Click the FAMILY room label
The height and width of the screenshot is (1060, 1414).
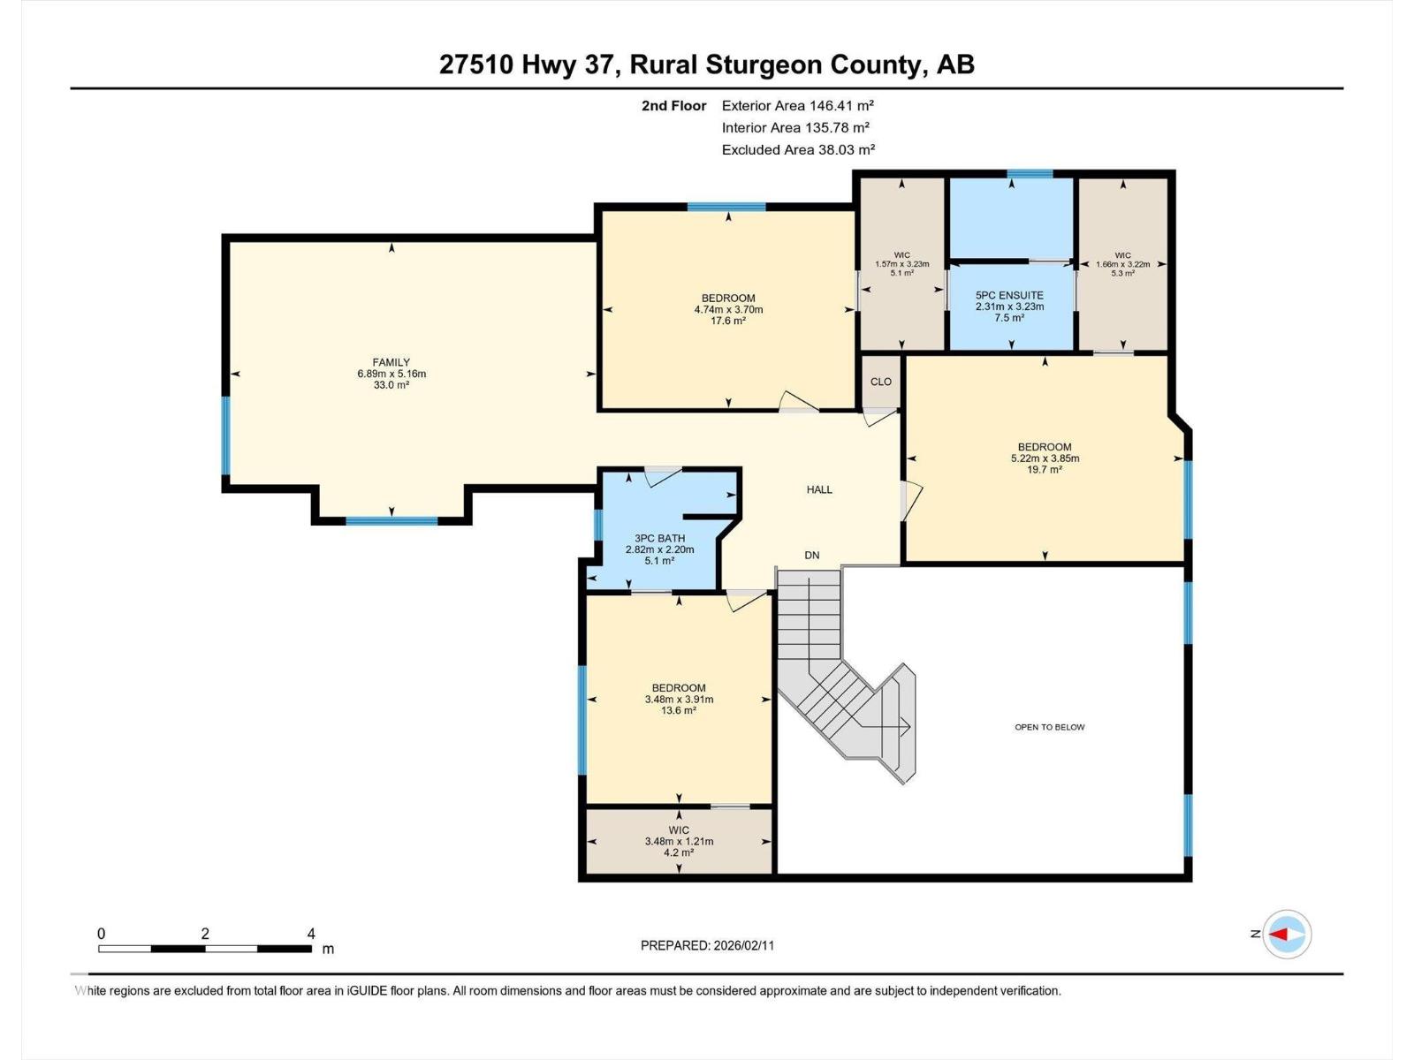pyautogui.click(x=391, y=362)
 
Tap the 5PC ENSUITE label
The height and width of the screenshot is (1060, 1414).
pyautogui.click(x=1009, y=295)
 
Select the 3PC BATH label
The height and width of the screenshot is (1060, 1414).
pyautogui.click(x=659, y=538)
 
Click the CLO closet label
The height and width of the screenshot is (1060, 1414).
pyautogui.click(x=880, y=382)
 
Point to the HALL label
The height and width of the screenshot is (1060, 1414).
pyautogui.click(x=819, y=489)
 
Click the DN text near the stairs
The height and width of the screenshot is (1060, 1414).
pyautogui.click(x=811, y=556)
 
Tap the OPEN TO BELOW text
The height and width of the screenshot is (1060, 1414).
pyautogui.click(x=1049, y=727)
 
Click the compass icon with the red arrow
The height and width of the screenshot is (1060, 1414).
pyautogui.click(x=1286, y=934)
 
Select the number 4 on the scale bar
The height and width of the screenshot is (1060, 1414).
pyautogui.click(x=311, y=934)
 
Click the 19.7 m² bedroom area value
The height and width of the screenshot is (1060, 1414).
pyautogui.click(x=1045, y=470)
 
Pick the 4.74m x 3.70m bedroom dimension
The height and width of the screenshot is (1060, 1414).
pyautogui.click(x=728, y=310)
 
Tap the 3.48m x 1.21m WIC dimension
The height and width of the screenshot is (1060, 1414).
pyautogui.click(x=679, y=842)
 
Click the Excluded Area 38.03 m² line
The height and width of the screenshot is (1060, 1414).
pyautogui.click(x=798, y=150)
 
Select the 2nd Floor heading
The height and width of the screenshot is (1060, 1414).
pyautogui.click(x=673, y=106)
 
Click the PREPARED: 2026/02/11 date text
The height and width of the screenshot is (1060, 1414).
pyautogui.click(x=707, y=945)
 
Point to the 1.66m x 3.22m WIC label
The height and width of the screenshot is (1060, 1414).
pyautogui.click(x=1122, y=264)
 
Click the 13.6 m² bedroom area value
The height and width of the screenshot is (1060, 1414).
pyautogui.click(x=679, y=710)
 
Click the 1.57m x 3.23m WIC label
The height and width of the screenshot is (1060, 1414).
pyautogui.click(x=901, y=264)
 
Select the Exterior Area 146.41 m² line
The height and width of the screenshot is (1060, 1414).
pyautogui.click(x=797, y=105)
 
